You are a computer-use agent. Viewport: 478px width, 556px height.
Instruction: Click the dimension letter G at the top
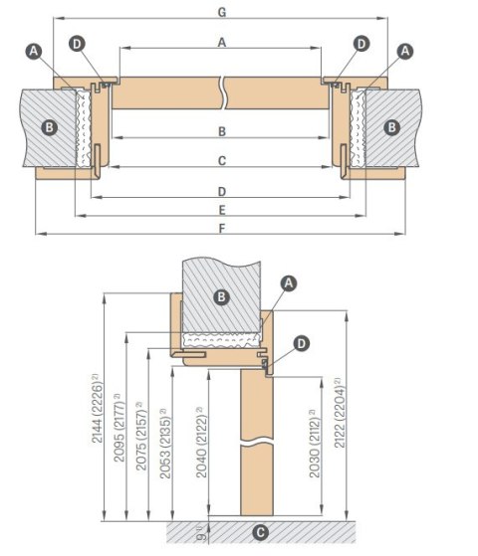click(222, 12)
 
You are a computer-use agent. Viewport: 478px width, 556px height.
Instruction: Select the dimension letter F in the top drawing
click(222, 229)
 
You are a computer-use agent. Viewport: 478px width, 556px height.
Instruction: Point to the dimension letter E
click(222, 210)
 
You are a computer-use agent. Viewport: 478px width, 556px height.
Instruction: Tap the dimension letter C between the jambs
click(222, 161)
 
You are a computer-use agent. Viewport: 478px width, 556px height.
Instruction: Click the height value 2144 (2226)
click(98, 408)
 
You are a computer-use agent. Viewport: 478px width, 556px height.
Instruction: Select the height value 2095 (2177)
click(119, 428)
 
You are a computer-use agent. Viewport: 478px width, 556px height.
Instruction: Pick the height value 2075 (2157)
click(141, 436)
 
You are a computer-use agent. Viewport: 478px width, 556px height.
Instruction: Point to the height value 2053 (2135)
click(165, 444)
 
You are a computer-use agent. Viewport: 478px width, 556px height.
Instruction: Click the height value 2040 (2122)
click(201, 443)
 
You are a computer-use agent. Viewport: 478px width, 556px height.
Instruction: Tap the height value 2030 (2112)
click(315, 444)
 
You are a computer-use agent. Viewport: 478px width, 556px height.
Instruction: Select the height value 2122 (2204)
click(340, 413)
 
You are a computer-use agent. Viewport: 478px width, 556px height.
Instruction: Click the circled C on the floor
click(260, 532)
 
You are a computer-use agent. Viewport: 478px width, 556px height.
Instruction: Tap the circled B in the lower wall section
click(221, 296)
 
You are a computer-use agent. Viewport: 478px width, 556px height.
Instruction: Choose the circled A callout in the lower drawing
click(289, 283)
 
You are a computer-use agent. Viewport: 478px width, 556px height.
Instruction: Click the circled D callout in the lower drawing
click(301, 343)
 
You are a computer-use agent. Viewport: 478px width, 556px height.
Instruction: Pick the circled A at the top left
click(34, 52)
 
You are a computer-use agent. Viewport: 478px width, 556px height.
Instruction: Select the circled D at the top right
click(361, 44)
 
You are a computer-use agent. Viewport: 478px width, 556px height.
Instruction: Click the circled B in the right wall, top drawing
click(391, 127)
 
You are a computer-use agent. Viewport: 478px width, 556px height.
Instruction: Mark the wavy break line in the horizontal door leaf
click(223, 93)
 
